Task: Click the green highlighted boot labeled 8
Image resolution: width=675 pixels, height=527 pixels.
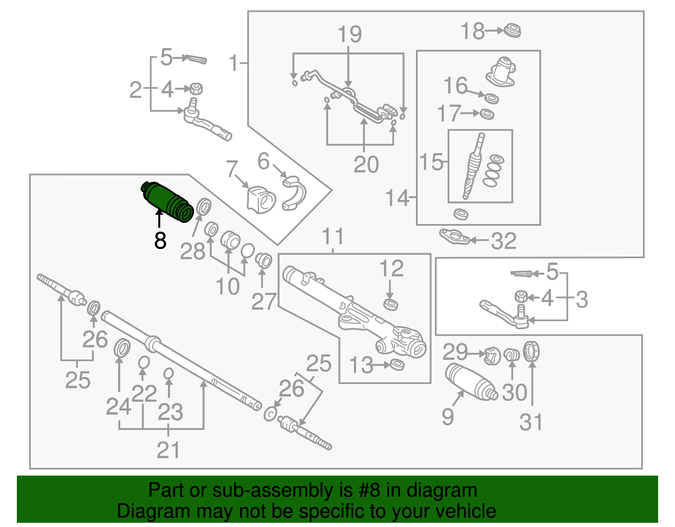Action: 167,201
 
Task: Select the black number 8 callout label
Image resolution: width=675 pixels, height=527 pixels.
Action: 160,241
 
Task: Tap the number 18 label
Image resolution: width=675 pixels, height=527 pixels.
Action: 472,32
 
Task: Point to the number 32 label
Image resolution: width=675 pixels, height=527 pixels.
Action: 504,241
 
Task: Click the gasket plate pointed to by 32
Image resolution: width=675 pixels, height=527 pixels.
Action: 454,237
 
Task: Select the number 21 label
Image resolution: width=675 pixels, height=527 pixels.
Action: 168,450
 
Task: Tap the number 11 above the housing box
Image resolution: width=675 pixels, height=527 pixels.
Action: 333,237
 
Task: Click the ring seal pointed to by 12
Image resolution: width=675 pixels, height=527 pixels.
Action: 391,304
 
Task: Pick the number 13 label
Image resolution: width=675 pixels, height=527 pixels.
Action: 361,365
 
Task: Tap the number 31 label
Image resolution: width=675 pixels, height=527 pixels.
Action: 531,422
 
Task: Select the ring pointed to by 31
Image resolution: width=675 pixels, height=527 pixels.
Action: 532,351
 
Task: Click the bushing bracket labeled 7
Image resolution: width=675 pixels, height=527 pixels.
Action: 260,200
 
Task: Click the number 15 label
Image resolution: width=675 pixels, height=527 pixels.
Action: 431,162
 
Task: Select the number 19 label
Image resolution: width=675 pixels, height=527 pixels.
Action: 349,35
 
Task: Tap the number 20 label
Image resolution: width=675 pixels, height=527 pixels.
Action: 366,165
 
